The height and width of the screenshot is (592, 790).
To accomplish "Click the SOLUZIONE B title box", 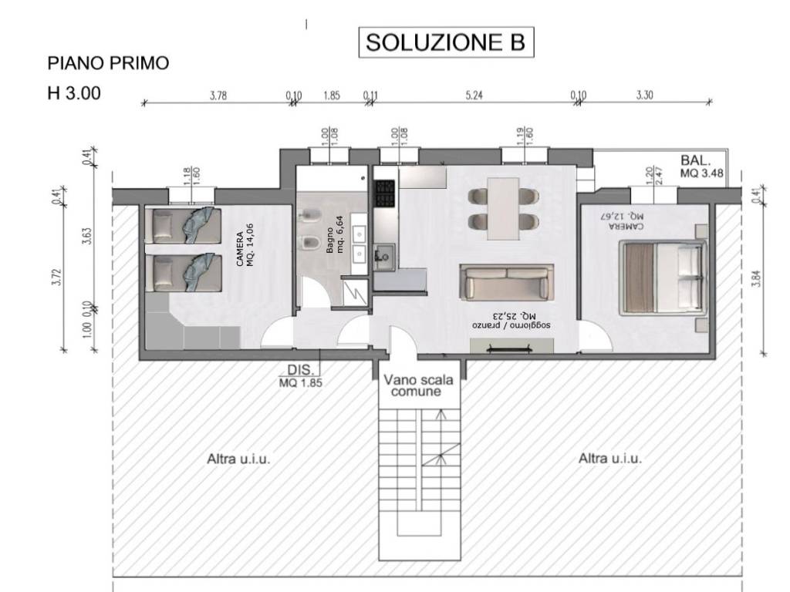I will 444,42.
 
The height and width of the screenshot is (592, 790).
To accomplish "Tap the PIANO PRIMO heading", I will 108,63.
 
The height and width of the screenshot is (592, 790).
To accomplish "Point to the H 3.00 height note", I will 74,94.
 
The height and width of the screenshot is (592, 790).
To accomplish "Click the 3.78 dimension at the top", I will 218,96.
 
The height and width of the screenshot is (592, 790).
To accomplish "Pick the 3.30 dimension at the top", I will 645,96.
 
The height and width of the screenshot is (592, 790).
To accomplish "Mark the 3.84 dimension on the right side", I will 755,272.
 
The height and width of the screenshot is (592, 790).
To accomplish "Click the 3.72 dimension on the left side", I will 56,276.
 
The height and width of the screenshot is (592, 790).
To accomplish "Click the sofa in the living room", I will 507,282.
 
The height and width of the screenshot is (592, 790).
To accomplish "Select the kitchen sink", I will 383,255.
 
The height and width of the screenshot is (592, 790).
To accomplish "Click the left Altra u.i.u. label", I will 239,459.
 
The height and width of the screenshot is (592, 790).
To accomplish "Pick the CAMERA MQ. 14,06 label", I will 245,251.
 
